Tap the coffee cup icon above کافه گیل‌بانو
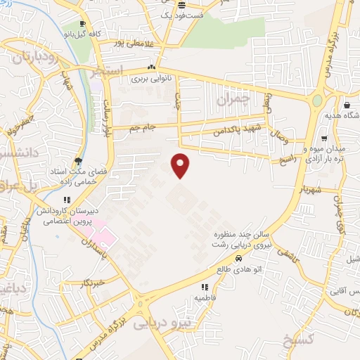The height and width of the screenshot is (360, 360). (84, 23)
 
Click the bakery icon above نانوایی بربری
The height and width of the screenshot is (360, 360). (150, 67)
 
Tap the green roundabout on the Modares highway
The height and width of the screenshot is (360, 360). (318, 101)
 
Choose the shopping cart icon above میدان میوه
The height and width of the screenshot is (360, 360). (323, 138)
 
